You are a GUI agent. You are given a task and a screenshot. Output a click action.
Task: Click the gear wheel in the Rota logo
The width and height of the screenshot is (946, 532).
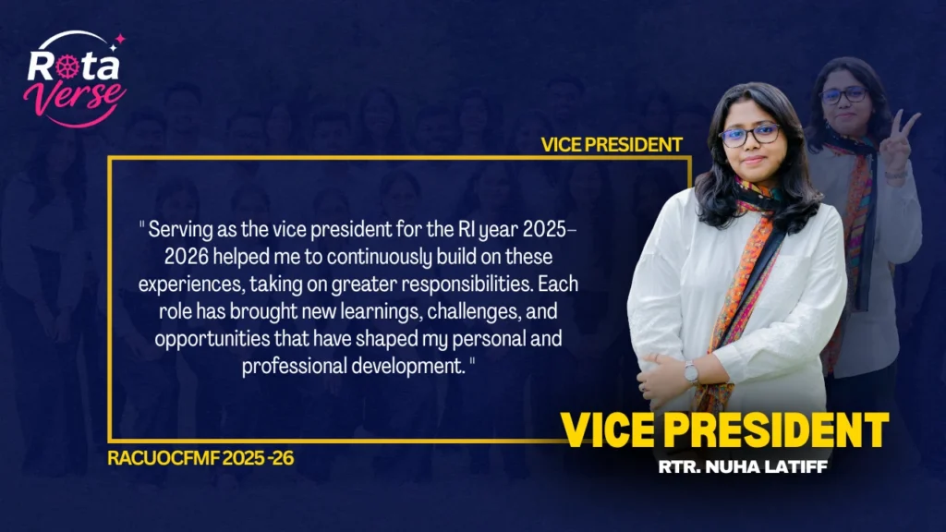coord(67,66)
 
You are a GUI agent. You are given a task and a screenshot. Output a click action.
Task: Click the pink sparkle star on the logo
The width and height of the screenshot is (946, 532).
coord(120,39)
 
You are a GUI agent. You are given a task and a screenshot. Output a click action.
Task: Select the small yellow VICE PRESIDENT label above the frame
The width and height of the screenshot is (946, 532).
coord(612,145)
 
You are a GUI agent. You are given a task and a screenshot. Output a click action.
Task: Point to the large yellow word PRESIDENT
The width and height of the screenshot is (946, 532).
coord(776,430)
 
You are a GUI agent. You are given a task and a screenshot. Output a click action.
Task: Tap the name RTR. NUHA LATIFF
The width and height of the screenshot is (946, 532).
coord(742,466)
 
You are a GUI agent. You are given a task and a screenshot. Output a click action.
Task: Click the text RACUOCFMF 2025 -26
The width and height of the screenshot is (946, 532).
coord(200,458)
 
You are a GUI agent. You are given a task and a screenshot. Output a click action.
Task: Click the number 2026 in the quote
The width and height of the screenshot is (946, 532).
coord(187,257)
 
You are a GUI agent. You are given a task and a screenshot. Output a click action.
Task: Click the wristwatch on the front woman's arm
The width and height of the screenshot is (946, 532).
coord(691,371)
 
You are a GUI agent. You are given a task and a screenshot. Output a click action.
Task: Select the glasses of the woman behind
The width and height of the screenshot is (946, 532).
coord(843,95)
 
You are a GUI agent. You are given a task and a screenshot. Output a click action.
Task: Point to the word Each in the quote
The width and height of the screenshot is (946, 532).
coord(557,284)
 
